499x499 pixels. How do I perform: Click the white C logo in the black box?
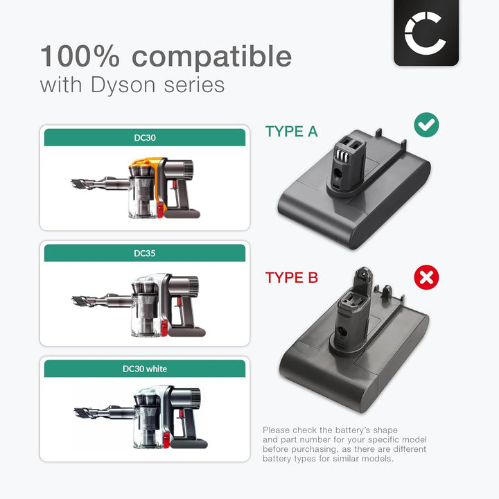pyautogui.click(x=426, y=32)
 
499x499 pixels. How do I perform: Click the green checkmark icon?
pyautogui.click(x=426, y=125)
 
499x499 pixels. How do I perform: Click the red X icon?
pyautogui.click(x=426, y=278)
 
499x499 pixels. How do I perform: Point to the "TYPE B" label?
pyautogui.click(x=291, y=278)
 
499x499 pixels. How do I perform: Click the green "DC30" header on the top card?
pyautogui.click(x=145, y=137)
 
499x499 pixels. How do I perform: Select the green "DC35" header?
pyautogui.click(x=145, y=253)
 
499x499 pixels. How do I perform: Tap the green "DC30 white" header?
pyautogui.click(x=145, y=369)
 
